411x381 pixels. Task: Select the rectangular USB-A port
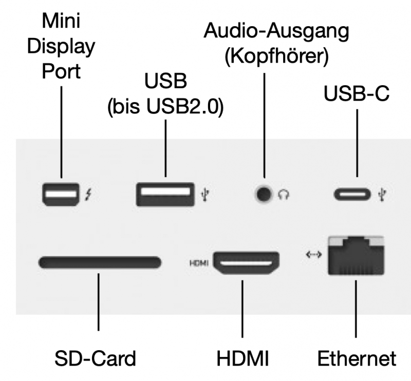point(165,195)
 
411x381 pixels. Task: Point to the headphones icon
point(283,195)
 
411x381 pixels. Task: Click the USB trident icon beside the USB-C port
point(381,195)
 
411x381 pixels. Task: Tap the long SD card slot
point(100,263)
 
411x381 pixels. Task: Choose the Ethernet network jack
point(356,258)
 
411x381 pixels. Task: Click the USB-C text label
point(354,94)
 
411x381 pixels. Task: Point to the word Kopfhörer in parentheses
point(276,55)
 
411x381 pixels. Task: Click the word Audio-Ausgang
point(276,32)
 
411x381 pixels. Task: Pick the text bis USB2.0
point(165,108)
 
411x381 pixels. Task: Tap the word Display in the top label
point(61,47)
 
